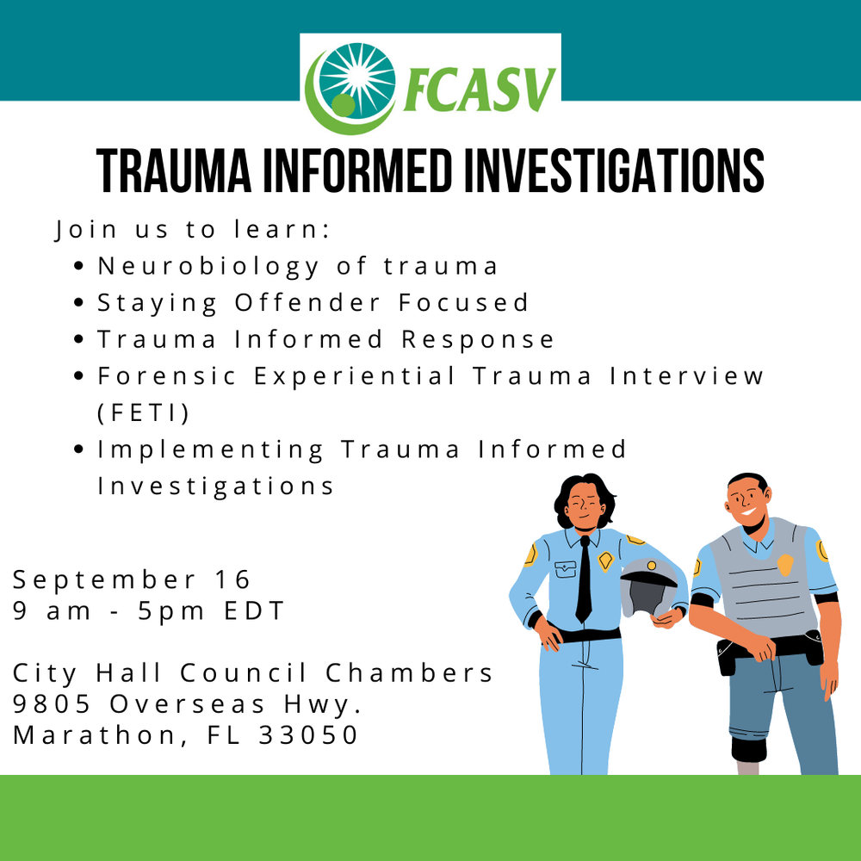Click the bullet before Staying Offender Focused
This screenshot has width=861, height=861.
click(79, 304)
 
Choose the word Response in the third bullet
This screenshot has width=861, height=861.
click(478, 340)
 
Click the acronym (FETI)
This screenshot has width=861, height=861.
click(143, 412)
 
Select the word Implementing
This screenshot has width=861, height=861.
click(211, 449)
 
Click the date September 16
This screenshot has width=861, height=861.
click(132, 579)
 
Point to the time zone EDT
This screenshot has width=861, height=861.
click(254, 611)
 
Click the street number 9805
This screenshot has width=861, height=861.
click(53, 704)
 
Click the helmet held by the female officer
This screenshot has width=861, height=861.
click(648, 585)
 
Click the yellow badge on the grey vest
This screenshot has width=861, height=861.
click(784, 564)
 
